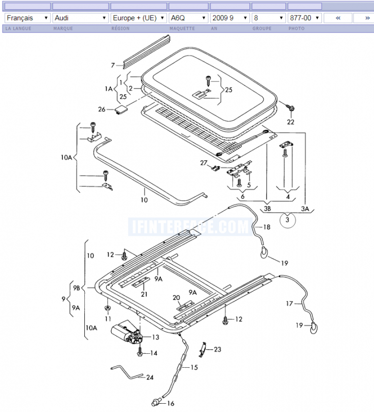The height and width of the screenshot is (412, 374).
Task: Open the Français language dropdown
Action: (x=28, y=18)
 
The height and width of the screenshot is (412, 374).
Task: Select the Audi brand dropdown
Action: (x=81, y=18)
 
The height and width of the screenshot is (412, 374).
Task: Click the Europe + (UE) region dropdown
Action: (x=138, y=18)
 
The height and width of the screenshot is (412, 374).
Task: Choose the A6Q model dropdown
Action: (x=188, y=18)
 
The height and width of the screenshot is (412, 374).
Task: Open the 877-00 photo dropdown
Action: (x=305, y=18)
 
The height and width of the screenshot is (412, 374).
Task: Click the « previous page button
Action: (x=338, y=18)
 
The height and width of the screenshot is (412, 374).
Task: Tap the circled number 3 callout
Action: (x=288, y=220)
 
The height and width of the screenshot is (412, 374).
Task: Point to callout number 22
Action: (x=291, y=122)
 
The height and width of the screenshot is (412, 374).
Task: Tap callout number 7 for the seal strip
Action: (x=113, y=65)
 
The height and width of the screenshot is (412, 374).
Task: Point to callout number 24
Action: (x=150, y=377)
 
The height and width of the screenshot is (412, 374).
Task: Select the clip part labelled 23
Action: (x=203, y=350)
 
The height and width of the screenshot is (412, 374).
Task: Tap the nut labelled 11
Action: (x=108, y=307)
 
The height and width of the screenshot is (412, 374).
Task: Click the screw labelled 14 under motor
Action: (x=140, y=352)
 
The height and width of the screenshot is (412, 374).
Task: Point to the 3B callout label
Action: (x=267, y=209)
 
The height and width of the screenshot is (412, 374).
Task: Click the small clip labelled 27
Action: (x=216, y=168)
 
